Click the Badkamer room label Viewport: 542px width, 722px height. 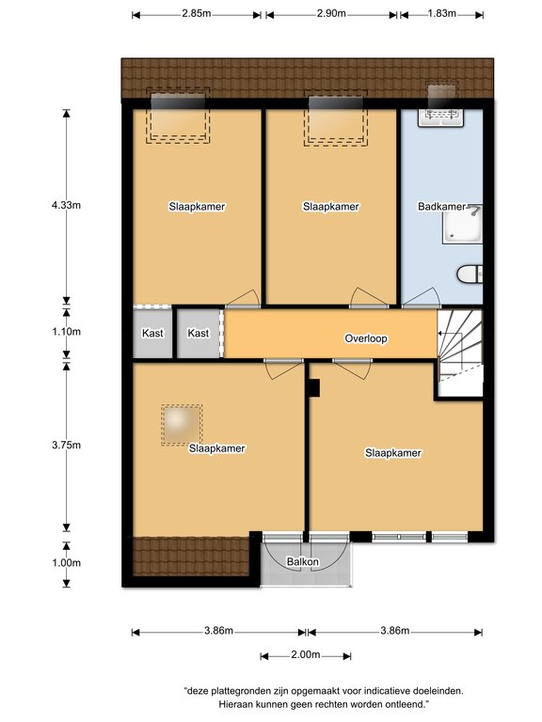tap(441, 207)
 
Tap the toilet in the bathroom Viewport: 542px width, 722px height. tap(470, 275)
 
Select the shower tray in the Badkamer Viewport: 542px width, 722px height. tap(462, 224)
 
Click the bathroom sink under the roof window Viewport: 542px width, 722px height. tap(440, 117)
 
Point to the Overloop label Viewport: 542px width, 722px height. tap(366, 338)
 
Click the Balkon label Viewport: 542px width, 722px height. tap(302, 562)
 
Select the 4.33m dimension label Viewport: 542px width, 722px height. tap(67, 205)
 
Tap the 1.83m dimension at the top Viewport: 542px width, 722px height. tap(442, 13)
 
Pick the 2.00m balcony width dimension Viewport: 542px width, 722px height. tap(306, 654)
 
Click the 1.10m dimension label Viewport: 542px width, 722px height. tap(67, 332)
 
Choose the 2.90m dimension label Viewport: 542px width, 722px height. tap(331, 13)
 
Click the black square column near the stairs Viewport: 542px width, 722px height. tap(314, 387)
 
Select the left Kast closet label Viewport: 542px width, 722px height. tap(152, 333)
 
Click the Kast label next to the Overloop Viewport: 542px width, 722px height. tap(199, 333)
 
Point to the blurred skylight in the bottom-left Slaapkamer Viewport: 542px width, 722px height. tap(182, 425)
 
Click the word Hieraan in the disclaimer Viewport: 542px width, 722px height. tap(235, 704)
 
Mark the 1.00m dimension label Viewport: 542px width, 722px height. tap(67, 563)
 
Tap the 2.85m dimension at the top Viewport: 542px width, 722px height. tap(197, 13)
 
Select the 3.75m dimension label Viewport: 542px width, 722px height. tap(67, 446)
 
